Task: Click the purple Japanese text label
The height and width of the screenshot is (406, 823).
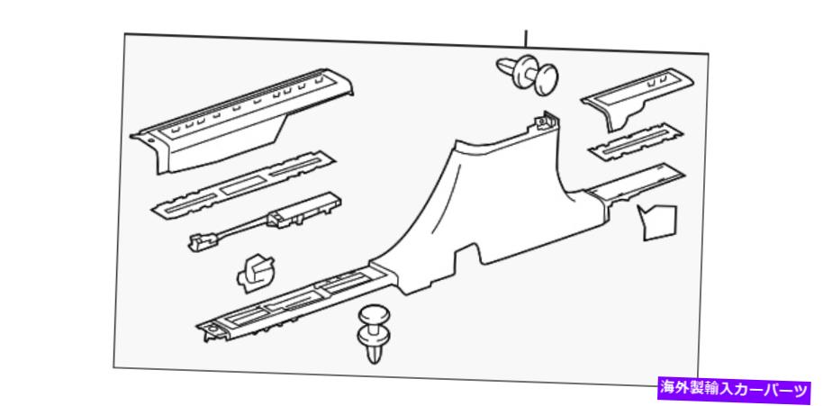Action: (x=734, y=389)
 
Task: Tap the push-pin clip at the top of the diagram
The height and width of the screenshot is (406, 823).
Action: (x=528, y=74)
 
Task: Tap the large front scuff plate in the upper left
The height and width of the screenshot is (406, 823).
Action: (x=241, y=122)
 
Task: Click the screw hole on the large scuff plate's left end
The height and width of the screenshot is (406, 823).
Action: (x=151, y=140)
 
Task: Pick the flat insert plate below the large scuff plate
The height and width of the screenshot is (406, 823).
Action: (x=244, y=184)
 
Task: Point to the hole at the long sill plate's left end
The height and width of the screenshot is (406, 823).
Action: (x=211, y=329)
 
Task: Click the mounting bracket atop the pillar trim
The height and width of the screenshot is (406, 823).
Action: (x=544, y=122)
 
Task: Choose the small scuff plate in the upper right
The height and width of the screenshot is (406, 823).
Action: (x=637, y=98)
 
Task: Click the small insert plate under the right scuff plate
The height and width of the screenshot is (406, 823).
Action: (x=636, y=141)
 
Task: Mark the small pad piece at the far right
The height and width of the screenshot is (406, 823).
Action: (x=657, y=222)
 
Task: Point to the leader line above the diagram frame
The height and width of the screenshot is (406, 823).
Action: (x=526, y=38)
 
